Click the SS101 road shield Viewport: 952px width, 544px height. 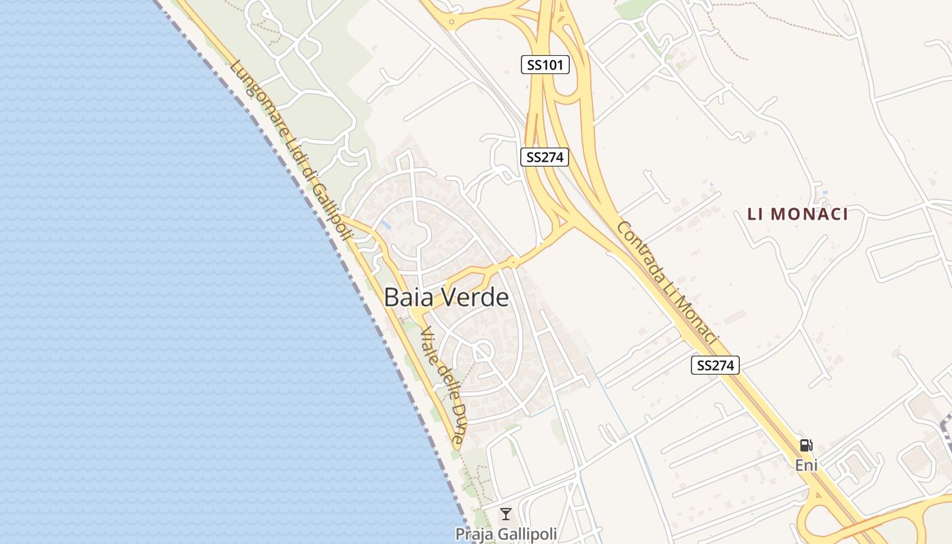(545, 65)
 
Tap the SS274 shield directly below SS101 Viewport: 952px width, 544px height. (545, 157)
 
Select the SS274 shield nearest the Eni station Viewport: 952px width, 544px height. (715, 365)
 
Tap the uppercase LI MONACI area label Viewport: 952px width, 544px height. (798, 214)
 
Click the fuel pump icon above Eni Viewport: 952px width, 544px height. (806, 446)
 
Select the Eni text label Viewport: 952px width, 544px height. (806, 466)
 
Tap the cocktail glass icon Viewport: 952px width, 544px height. (506, 514)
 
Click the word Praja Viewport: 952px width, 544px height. (473, 534)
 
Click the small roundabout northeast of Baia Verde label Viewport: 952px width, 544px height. (513, 262)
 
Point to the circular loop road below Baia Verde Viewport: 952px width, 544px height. (483, 352)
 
